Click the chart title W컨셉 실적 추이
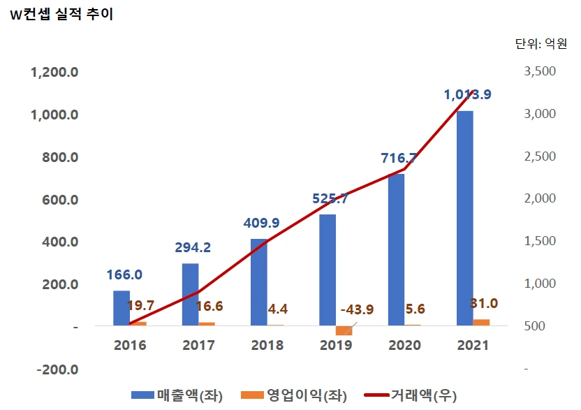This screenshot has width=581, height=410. [61, 15]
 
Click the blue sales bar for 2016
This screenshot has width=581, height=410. [122, 308]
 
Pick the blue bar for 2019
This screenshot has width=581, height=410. [327, 270]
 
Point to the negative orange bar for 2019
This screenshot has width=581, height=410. [344, 330]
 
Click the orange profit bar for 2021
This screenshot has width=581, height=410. [481, 322]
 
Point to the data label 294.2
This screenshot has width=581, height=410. [192, 247]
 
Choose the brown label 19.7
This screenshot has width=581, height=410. [140, 305]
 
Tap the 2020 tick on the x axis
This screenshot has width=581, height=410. [403, 345]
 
